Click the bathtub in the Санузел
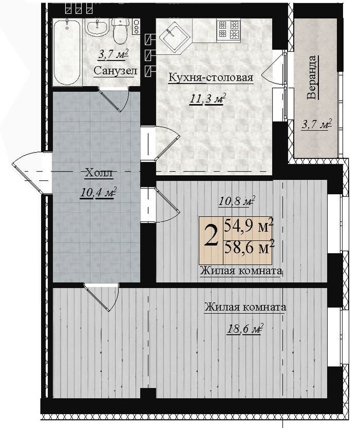[67, 52]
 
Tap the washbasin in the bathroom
[97, 27]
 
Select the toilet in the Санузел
[120, 31]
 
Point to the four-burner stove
[229, 29]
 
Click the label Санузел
[115, 71]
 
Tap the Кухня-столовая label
[211, 77]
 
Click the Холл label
[99, 173]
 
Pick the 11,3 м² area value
[208, 99]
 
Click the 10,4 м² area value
[98, 193]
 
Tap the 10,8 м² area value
[237, 201]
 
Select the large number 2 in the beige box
[211, 238]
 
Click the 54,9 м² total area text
[248, 226]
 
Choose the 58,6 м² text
[248, 248]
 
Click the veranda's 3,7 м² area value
[317, 125]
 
